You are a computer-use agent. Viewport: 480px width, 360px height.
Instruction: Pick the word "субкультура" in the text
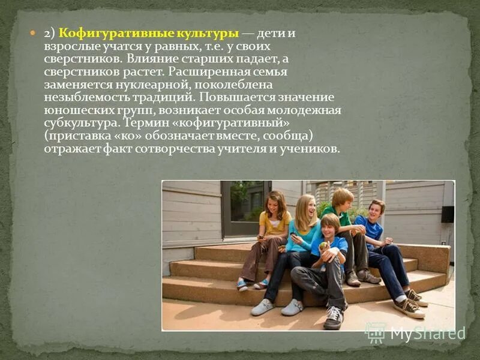80,123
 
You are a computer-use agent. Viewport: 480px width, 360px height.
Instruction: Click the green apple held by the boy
323,246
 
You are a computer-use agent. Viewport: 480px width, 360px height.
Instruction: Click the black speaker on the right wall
448,214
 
